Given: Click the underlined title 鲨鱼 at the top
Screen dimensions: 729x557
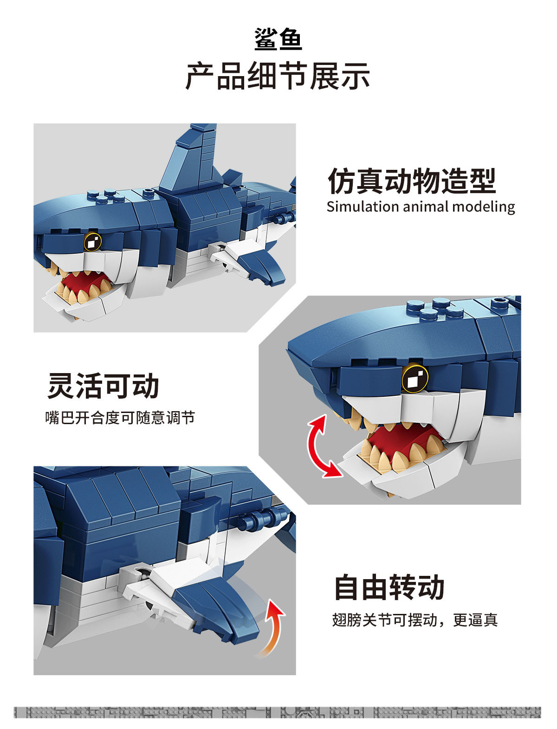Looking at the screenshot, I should [278, 39].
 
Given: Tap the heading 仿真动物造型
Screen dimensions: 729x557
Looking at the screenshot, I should [412, 181].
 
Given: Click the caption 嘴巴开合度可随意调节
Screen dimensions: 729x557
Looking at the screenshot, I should [120, 418].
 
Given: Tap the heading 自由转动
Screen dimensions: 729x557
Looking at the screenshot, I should [389, 587].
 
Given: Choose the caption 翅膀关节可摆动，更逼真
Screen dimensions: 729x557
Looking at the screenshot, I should [415, 619].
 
